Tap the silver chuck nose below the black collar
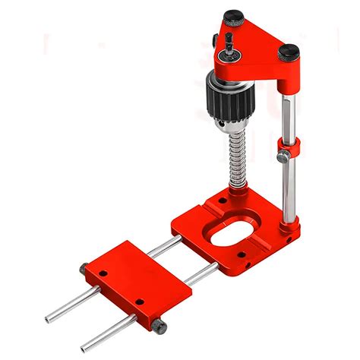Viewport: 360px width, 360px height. tap(221, 129)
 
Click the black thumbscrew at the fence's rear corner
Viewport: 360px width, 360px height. tap(82, 267)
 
